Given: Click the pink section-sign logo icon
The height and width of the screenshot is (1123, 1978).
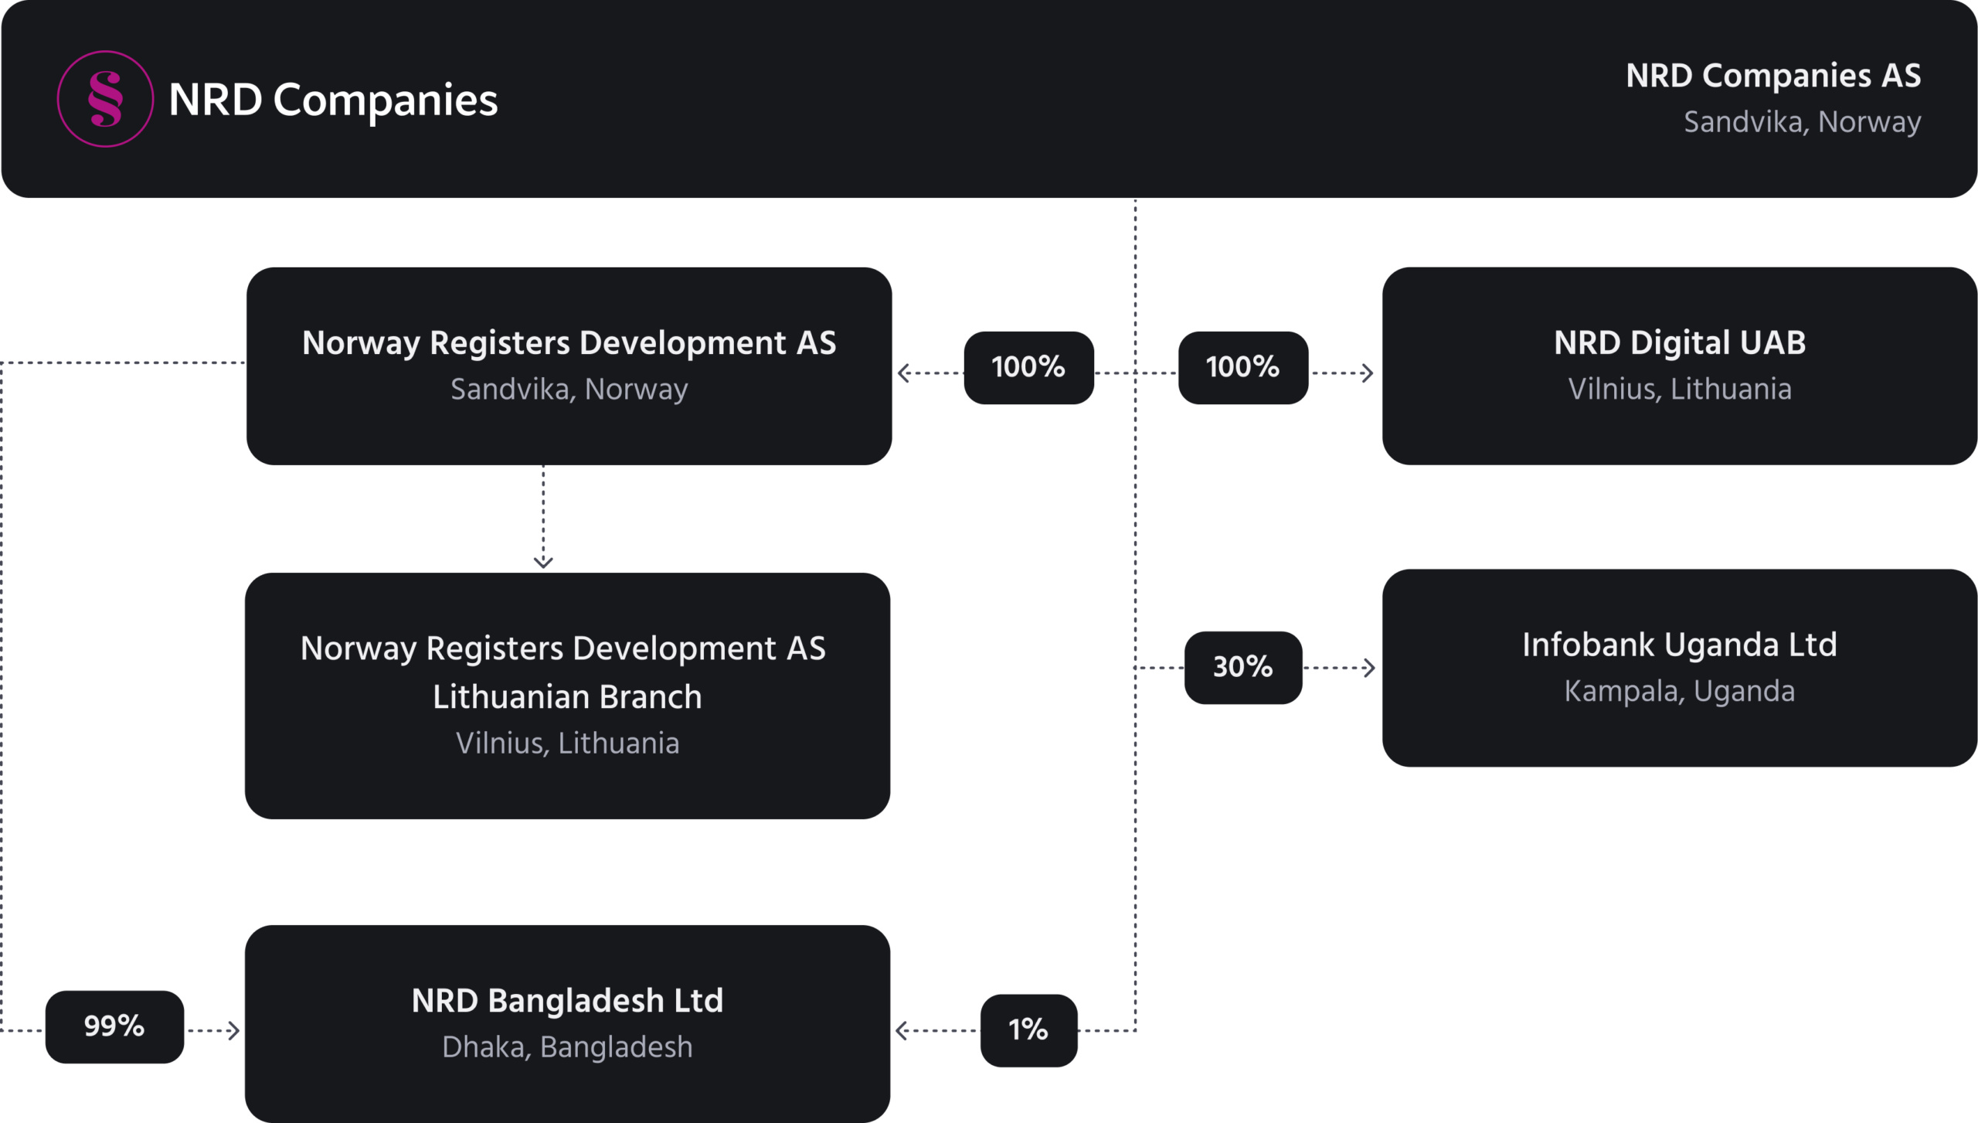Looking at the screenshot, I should coord(105,99).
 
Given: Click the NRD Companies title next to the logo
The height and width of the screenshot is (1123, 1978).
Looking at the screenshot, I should coord(333,100).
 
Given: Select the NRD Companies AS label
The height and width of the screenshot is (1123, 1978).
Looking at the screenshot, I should coord(1772,76).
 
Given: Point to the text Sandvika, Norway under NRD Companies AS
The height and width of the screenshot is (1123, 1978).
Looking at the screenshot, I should coord(1802,122).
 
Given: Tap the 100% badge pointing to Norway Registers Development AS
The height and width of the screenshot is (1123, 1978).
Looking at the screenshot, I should coord(1028,367).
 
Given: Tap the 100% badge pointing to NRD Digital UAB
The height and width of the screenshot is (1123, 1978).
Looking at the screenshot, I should coord(1242,367).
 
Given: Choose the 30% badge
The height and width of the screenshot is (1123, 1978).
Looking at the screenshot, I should coord(1242,667).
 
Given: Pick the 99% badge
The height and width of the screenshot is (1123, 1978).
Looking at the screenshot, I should coord(114,1026).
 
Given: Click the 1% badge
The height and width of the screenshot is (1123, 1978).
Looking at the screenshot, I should coord(1028,1029).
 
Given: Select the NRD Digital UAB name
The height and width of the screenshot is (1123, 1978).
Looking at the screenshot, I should coord(1679,342).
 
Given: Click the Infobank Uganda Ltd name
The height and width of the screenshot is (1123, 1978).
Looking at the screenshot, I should coord(1679,645).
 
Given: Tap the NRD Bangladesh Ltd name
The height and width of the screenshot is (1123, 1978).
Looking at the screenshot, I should coord(567,1001).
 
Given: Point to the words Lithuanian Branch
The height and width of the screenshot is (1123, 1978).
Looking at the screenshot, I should coord(567,697).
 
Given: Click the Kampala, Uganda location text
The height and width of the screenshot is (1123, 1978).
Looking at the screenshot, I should coord(1679,691).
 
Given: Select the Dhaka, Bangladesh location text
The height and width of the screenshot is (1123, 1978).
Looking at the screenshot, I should coord(567,1047).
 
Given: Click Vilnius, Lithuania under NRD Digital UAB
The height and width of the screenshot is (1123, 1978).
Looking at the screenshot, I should coord(1679,389).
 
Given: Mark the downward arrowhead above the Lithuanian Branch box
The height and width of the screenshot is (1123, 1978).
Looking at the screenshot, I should coord(543,562).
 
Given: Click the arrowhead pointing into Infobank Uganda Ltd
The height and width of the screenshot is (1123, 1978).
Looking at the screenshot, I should coord(1369,668).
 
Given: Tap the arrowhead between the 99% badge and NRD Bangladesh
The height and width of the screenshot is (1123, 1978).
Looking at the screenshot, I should coord(234,1030).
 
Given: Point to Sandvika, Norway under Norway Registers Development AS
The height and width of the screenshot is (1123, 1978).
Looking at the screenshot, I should coord(569,389).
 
